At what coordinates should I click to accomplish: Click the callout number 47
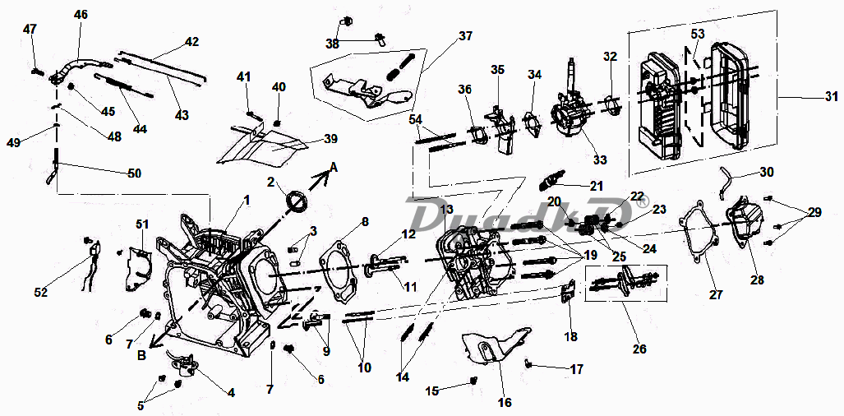click(x=30, y=30)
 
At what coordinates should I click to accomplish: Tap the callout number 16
click(x=505, y=403)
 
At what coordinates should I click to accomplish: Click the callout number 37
click(x=466, y=36)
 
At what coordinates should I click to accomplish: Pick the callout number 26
click(x=639, y=349)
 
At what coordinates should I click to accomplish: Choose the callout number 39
click(x=330, y=138)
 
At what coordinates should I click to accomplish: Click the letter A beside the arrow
click(x=333, y=166)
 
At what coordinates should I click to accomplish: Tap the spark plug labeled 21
click(x=551, y=180)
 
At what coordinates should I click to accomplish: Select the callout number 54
click(x=417, y=120)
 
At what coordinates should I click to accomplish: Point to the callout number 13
click(x=446, y=210)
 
